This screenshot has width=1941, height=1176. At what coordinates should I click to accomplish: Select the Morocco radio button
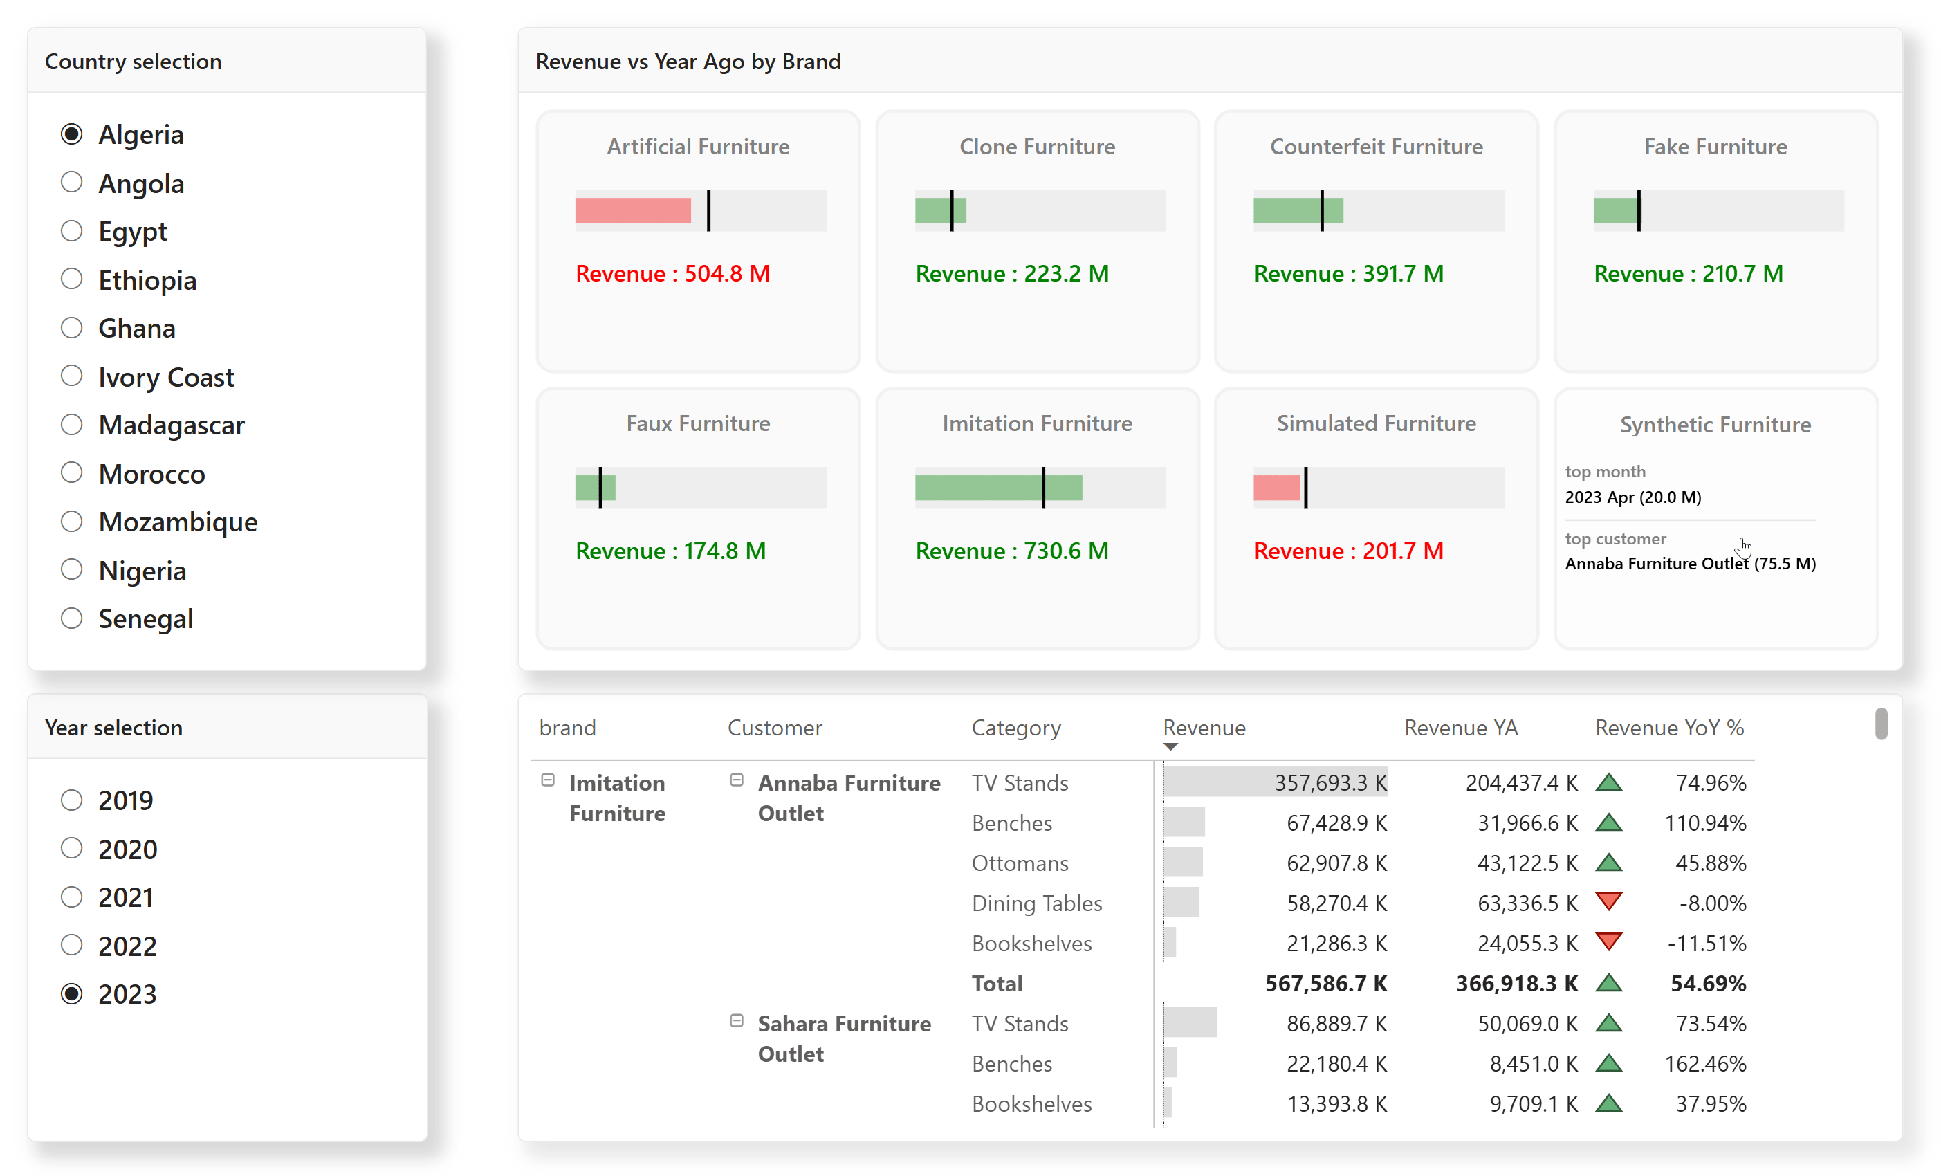click(72, 472)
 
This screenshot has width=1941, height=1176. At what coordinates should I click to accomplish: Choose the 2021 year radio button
click(72, 897)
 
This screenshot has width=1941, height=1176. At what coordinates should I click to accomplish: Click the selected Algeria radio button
click(72, 134)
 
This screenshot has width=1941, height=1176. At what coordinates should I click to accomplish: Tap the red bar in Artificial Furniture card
click(632, 210)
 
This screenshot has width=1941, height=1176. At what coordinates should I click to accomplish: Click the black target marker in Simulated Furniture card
click(1305, 488)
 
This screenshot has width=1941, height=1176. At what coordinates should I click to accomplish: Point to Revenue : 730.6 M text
click(1011, 551)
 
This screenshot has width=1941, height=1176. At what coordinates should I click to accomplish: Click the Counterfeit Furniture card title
click(1375, 147)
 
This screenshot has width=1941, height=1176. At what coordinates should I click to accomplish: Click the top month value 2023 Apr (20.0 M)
click(1632, 497)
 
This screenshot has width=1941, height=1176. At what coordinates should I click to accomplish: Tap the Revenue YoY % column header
click(1668, 727)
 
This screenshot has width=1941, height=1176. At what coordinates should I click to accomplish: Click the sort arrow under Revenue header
click(1170, 746)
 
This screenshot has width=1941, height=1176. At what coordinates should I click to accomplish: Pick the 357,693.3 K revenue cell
click(1330, 782)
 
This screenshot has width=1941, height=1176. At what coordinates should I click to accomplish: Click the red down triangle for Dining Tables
click(1608, 901)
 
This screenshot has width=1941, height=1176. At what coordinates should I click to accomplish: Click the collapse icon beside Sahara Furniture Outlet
click(737, 1020)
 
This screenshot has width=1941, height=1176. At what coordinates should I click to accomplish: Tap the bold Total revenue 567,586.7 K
click(1326, 983)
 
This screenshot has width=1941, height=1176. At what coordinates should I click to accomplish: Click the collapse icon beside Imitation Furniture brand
click(547, 780)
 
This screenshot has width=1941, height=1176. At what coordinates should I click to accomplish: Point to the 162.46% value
click(1704, 1063)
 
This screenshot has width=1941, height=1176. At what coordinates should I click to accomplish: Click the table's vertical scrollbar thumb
click(1880, 723)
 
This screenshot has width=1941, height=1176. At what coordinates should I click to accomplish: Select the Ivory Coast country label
click(165, 377)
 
